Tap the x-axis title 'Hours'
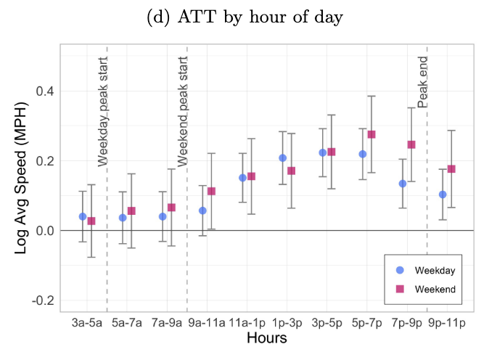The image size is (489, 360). pyautogui.click(x=266, y=338)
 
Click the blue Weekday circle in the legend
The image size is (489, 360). pyautogui.click(x=399, y=270)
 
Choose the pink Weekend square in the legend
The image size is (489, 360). pyautogui.click(x=399, y=289)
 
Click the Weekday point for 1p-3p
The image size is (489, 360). pyautogui.click(x=282, y=158)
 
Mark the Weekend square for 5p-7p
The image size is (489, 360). pyautogui.click(x=371, y=134)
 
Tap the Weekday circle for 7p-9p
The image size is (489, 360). pyautogui.click(x=403, y=184)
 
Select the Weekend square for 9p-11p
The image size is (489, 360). pyautogui.click(x=451, y=169)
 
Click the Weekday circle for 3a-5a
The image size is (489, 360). pyautogui.click(x=83, y=216)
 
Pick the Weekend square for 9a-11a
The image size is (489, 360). pyautogui.click(x=212, y=191)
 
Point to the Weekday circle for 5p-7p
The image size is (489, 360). pyautogui.click(x=363, y=154)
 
